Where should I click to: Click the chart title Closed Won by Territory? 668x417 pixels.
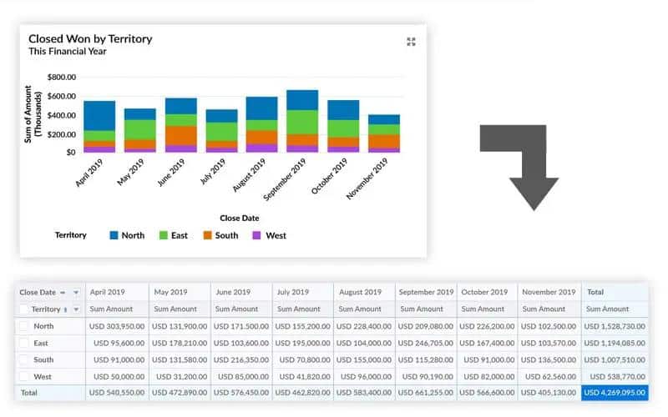coord(90,38)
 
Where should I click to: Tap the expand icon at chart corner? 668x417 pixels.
coord(411,42)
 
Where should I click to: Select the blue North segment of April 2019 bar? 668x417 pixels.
coord(99,115)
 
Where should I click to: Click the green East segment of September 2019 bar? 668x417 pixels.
coord(302,122)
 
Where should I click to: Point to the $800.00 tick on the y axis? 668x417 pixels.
coord(62,77)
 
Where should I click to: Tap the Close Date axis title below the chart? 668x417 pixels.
coord(240,219)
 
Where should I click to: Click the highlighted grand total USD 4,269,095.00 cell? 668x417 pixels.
coord(614,391)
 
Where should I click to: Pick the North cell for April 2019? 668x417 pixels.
coord(117,326)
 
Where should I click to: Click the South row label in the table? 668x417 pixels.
coord(43,359)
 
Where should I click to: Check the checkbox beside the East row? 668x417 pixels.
coord(23,343)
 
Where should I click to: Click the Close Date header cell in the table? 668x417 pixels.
coord(38,293)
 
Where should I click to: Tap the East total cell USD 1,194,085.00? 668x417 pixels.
coord(614,343)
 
